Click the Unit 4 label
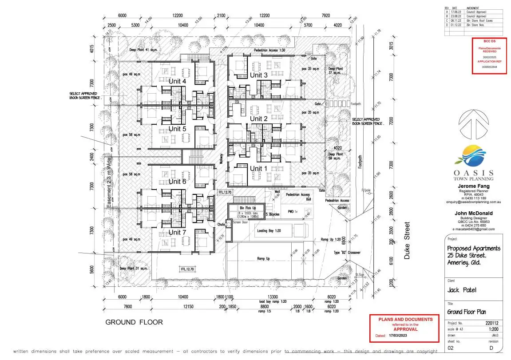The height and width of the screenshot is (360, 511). click(x=177, y=81)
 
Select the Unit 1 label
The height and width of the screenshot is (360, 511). click(x=259, y=169)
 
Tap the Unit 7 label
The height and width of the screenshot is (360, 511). click(x=177, y=233)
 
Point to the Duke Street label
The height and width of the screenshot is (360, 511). click(x=408, y=241)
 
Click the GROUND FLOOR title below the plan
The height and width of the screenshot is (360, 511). click(x=134, y=322)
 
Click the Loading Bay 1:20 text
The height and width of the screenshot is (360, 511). click(x=270, y=231)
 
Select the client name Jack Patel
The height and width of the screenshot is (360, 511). click(x=462, y=290)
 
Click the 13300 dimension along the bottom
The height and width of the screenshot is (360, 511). click(x=273, y=297)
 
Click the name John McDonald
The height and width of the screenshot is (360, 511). click(x=473, y=214)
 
